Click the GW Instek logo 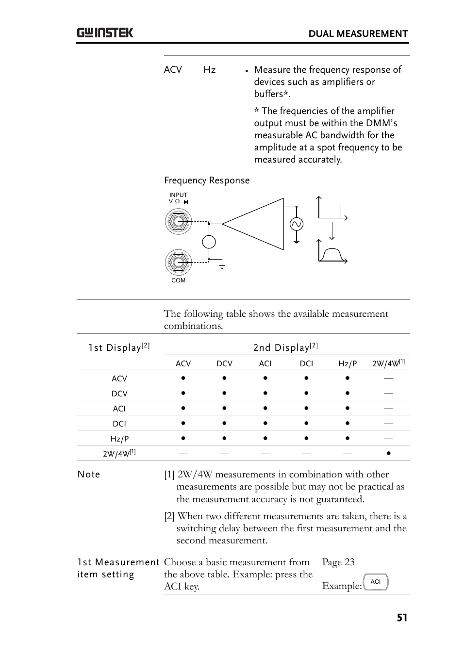coord(104,33)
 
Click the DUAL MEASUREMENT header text coord(358,33)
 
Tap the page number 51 coord(402,618)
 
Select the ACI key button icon coord(376,582)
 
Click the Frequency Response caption coord(207,180)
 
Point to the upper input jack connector coord(178,222)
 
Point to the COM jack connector coord(178,262)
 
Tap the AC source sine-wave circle coord(296,224)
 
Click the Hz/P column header coord(347,363)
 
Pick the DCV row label coord(119,393)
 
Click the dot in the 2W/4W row coord(389,453)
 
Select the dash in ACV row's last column coord(388,378)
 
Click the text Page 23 coord(338,562)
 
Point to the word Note coord(89,475)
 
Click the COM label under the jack coord(178,280)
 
